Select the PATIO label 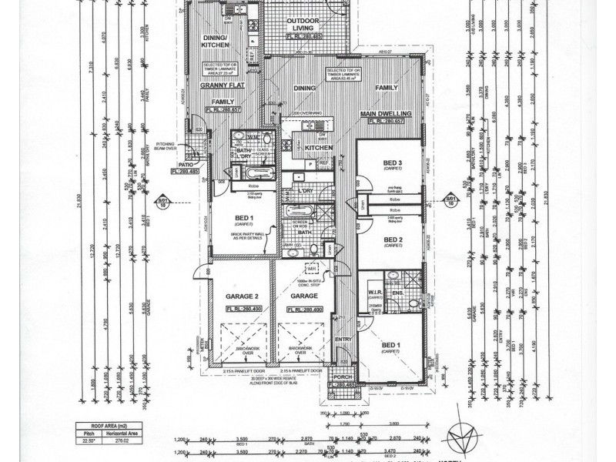[x=186, y=164]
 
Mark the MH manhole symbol [x=313, y=267]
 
